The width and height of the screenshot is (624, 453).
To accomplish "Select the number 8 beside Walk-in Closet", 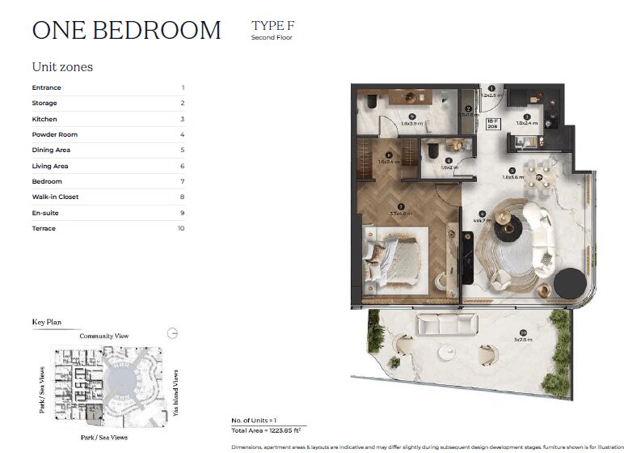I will [x=183, y=197].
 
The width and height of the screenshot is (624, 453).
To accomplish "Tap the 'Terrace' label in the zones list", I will [x=44, y=228].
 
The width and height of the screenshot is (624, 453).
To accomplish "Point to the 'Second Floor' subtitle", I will [x=272, y=38].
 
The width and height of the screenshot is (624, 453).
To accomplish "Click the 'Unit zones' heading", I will [x=62, y=67].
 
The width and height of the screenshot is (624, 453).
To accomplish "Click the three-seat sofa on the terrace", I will [x=447, y=324].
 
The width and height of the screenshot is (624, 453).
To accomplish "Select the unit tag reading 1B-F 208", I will [x=492, y=125].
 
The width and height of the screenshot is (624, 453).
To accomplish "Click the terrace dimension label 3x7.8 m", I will [x=526, y=338].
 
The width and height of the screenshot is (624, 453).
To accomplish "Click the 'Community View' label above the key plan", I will [x=103, y=336].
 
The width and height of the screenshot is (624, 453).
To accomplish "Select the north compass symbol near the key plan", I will [x=171, y=333].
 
